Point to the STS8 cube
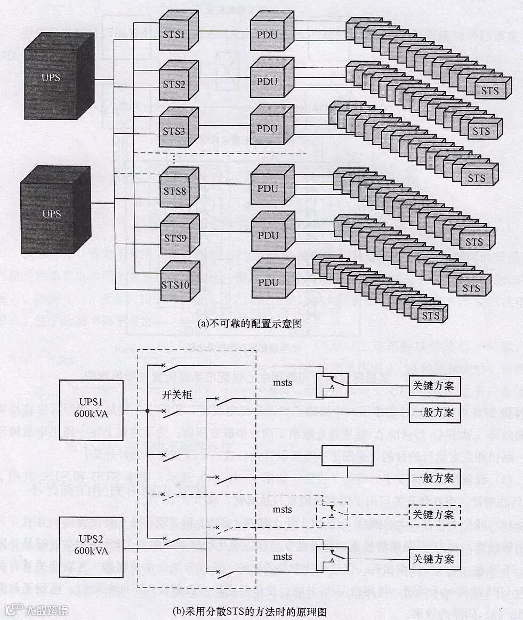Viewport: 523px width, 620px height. [x=174, y=191]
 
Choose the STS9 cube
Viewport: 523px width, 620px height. [x=174, y=238]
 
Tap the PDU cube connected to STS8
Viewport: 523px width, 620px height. [x=268, y=189]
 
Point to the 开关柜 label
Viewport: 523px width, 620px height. [x=176, y=395]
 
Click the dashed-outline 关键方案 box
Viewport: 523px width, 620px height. [x=435, y=515]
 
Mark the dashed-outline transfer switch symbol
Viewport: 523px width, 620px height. [x=332, y=514]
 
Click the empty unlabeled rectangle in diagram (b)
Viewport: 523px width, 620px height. [x=347, y=456]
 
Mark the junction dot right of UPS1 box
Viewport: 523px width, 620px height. [x=147, y=410]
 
